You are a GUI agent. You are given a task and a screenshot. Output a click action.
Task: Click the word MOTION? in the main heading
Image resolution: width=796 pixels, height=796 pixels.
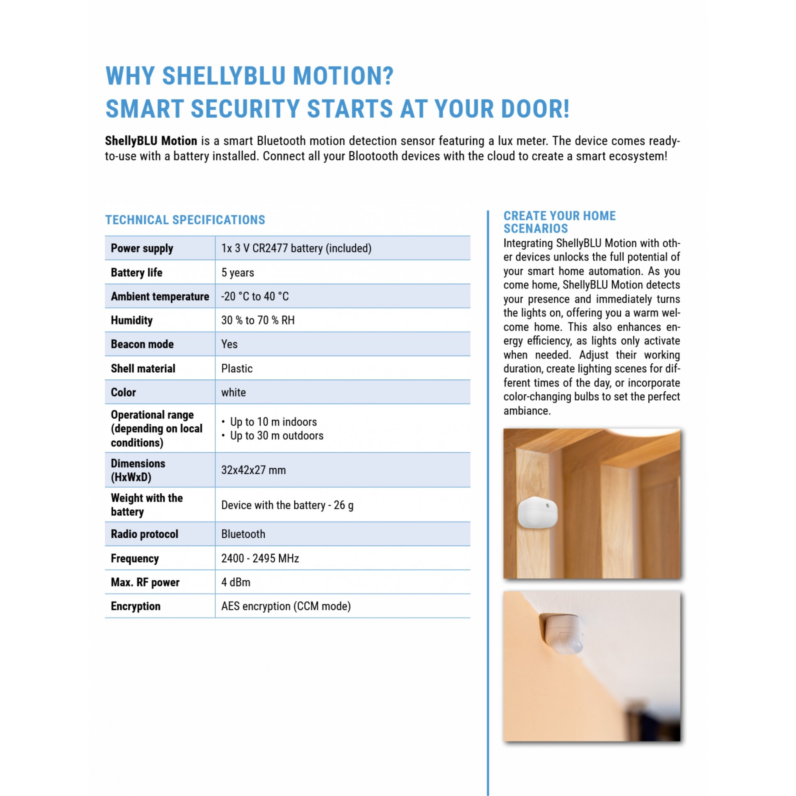[x=343, y=76]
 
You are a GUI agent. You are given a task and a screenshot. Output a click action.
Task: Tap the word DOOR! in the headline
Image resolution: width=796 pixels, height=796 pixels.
[x=535, y=109]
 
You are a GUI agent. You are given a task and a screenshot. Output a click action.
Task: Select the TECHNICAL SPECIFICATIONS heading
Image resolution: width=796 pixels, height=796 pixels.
[x=185, y=220]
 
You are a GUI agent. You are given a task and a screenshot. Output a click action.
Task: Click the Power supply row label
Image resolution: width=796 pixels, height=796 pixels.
[x=142, y=248]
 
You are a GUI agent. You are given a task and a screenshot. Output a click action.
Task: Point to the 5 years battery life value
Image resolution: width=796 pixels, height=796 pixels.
[x=238, y=272]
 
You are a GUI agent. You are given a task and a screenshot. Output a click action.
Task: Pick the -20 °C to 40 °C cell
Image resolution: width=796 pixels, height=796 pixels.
[x=255, y=296]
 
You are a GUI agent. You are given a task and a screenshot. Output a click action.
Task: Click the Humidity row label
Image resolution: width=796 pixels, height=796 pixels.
[x=131, y=320]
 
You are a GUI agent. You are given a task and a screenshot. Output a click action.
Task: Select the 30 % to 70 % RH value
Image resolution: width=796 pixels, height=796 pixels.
[x=258, y=320]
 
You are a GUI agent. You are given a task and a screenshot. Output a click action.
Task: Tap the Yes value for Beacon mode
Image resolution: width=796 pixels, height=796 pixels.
[x=229, y=344]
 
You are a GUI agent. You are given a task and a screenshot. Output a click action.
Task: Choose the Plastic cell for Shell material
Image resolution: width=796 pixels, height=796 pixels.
[x=237, y=368]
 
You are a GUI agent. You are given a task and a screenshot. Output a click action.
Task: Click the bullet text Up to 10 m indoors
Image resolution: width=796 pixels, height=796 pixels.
[x=273, y=422]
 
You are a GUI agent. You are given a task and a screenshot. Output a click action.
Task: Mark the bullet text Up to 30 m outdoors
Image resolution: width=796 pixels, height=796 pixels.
[x=277, y=435]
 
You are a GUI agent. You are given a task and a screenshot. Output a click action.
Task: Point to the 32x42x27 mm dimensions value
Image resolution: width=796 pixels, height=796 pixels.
[x=253, y=470]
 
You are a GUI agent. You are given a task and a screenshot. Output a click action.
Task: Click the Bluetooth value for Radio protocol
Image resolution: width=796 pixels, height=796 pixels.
[x=243, y=534]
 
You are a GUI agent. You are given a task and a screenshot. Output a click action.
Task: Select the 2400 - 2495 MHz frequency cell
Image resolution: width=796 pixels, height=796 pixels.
[x=260, y=558]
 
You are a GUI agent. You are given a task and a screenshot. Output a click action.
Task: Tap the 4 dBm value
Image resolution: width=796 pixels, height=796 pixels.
[x=235, y=582]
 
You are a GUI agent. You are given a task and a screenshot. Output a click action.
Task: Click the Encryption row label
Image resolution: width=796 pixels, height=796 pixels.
[x=136, y=606]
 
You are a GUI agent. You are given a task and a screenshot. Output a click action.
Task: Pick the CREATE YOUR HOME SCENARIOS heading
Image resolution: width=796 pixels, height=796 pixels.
[x=559, y=222]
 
